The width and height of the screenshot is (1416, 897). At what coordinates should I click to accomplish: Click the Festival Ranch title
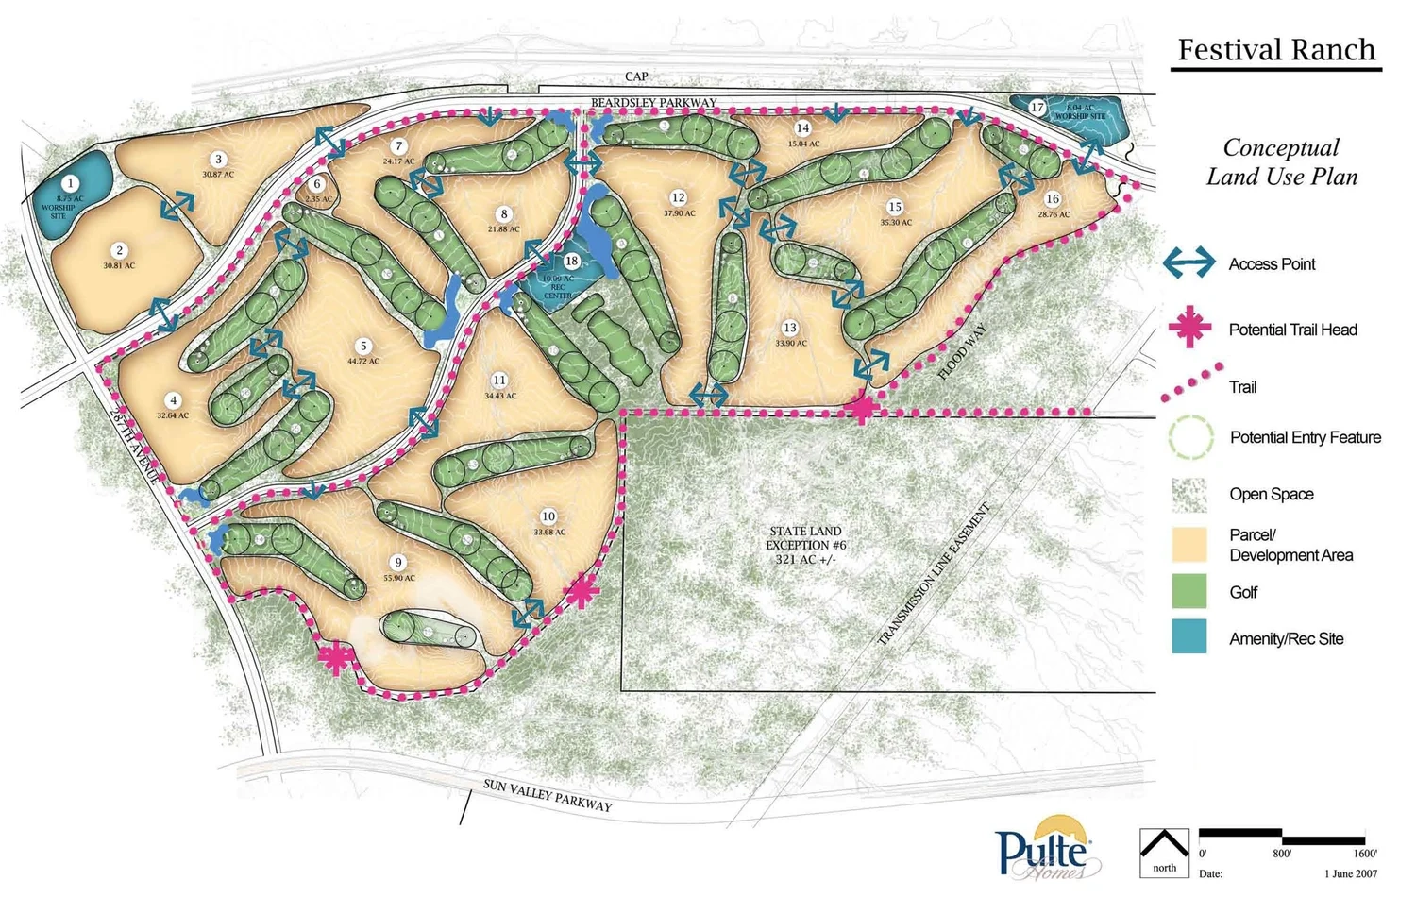[1276, 50]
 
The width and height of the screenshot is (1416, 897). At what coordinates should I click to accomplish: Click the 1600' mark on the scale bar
[1364, 854]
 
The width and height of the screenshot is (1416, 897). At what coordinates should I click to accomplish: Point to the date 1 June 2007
[1351, 874]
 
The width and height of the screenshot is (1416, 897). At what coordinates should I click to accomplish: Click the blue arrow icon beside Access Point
[1189, 263]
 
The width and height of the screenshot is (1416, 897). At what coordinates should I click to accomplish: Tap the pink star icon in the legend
[1189, 328]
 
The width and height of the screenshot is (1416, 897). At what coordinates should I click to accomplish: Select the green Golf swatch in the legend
[1189, 592]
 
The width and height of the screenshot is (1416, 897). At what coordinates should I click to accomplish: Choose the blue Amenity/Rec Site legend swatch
[1189, 637]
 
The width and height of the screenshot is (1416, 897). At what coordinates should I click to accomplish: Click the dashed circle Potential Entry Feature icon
[1190, 437]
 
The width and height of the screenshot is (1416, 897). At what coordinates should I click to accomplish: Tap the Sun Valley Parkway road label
[548, 795]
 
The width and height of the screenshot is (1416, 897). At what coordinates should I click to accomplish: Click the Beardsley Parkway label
[653, 103]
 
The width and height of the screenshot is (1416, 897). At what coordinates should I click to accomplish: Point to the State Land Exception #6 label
[804, 546]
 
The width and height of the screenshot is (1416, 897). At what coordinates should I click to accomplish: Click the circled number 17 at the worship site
[1037, 108]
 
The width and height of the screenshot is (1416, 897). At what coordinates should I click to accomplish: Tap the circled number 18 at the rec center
[571, 262]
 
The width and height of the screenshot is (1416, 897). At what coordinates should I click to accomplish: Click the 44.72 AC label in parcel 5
[362, 362]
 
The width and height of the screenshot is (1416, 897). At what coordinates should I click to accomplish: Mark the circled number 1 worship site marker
[70, 183]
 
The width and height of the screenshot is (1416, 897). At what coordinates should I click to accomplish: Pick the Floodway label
[964, 351]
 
